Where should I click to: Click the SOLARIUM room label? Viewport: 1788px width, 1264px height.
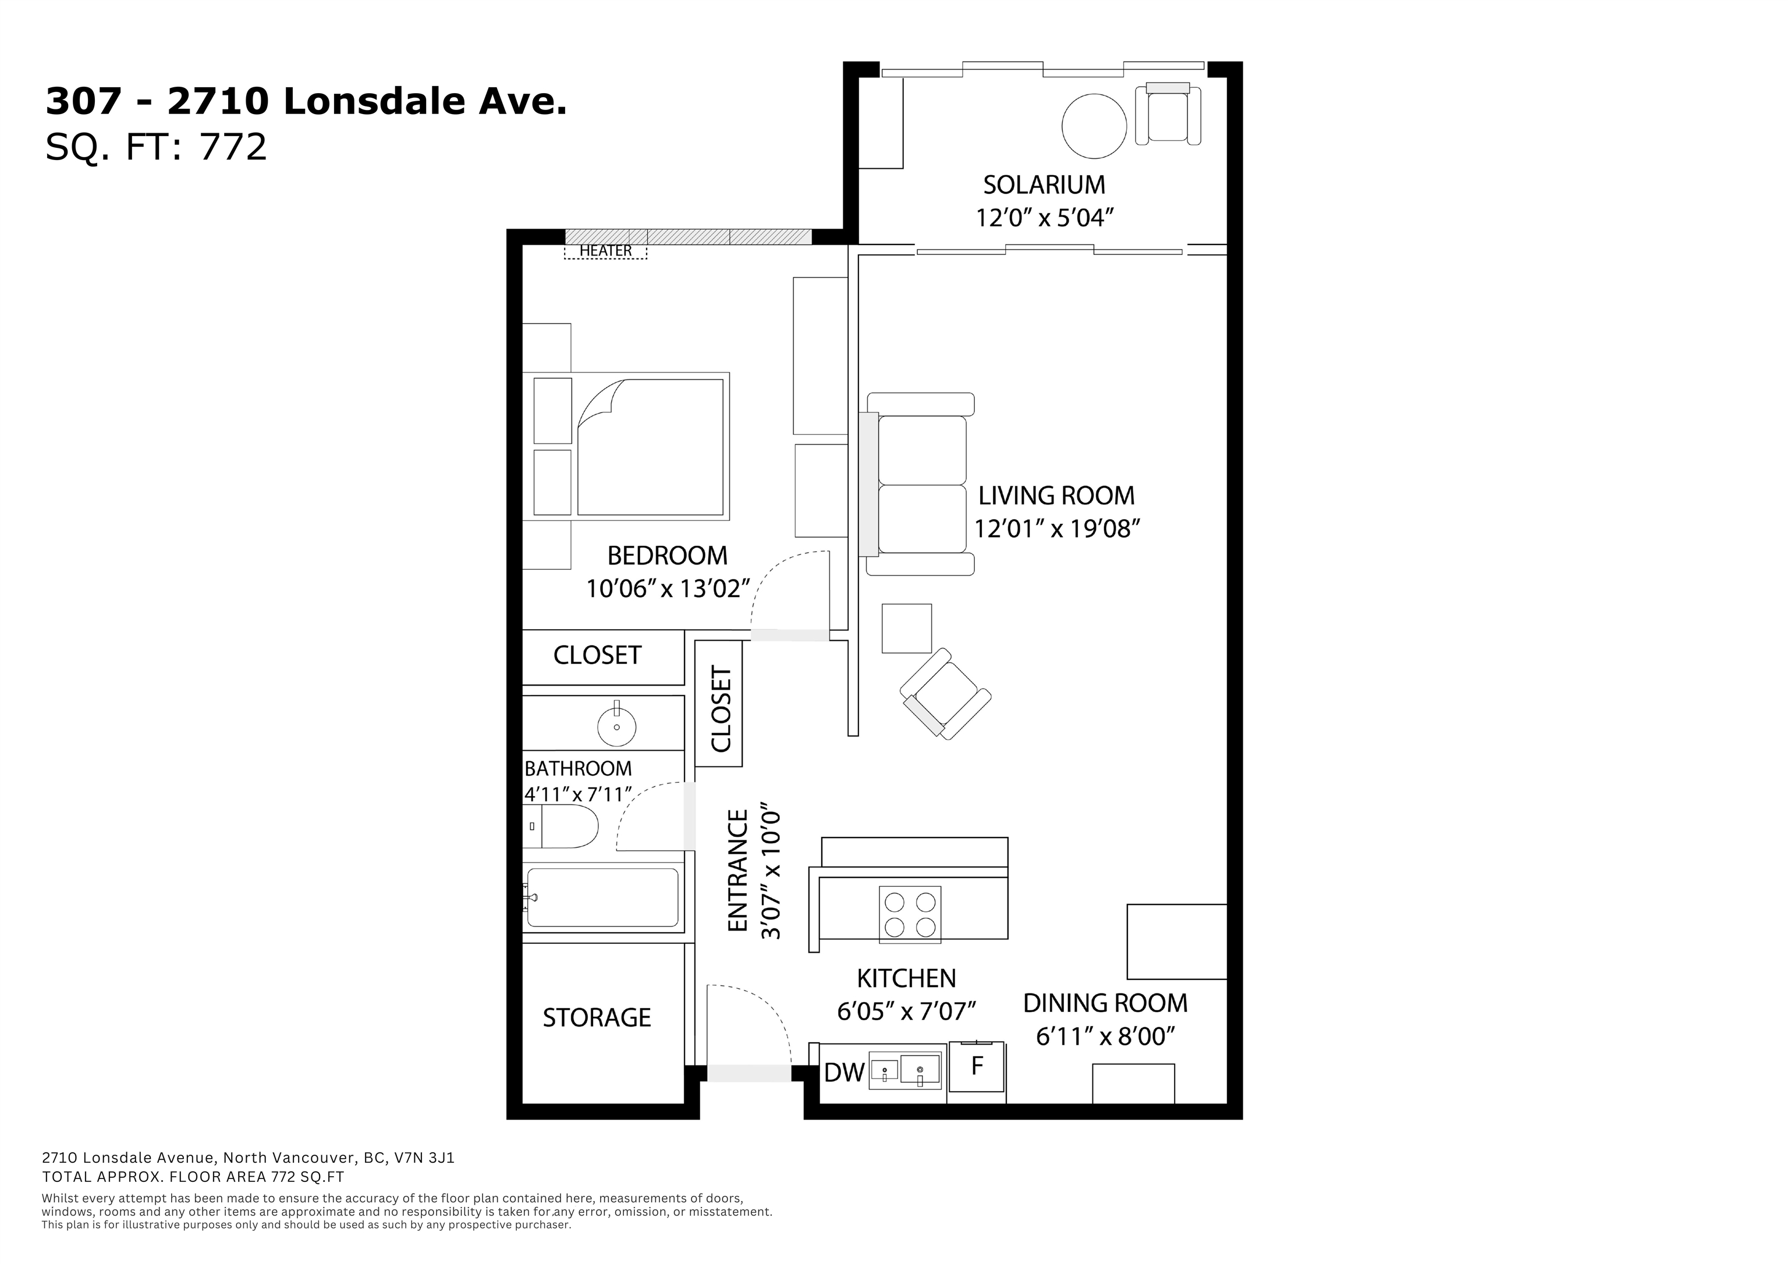(x=1044, y=186)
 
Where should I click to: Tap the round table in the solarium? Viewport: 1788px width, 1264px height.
(x=1094, y=126)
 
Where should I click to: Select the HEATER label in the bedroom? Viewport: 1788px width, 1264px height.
(x=605, y=251)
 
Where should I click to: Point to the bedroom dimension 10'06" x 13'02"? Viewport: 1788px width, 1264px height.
(x=668, y=589)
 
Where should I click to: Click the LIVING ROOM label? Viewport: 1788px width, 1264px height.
(x=1056, y=495)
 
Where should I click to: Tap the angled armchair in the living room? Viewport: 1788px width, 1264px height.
(x=945, y=694)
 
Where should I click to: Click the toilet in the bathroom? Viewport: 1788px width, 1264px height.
(x=560, y=826)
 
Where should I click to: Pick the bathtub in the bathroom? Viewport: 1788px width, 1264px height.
(x=602, y=897)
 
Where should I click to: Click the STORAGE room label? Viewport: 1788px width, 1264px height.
(x=597, y=1018)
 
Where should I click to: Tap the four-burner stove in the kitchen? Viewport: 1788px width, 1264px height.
(x=910, y=914)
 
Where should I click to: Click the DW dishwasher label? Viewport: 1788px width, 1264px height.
(x=844, y=1073)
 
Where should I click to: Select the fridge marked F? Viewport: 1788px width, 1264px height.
(x=977, y=1069)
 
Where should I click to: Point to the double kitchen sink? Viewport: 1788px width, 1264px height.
(x=905, y=1071)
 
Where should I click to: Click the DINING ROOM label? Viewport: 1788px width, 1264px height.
(x=1105, y=1003)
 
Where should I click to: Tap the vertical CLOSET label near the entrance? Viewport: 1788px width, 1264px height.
(x=721, y=709)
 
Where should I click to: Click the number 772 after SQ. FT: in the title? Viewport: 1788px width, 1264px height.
(x=233, y=147)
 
